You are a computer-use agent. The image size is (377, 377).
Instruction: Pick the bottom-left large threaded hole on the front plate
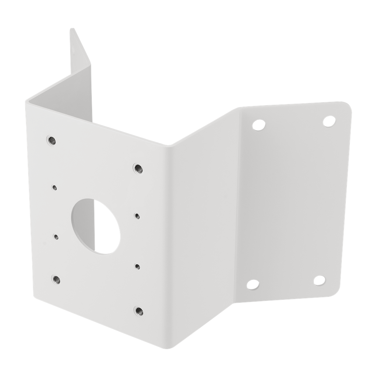[x=56, y=279]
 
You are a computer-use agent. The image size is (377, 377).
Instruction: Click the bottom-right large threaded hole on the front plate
[x=139, y=311]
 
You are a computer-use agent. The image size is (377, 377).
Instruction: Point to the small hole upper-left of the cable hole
[x=54, y=187]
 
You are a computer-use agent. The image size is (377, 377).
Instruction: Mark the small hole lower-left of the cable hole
[x=56, y=236]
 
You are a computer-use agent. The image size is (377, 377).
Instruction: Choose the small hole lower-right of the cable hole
[x=137, y=265]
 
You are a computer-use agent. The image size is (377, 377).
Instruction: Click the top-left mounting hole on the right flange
[x=259, y=124]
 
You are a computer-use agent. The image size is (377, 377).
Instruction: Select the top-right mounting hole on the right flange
[x=330, y=120]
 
